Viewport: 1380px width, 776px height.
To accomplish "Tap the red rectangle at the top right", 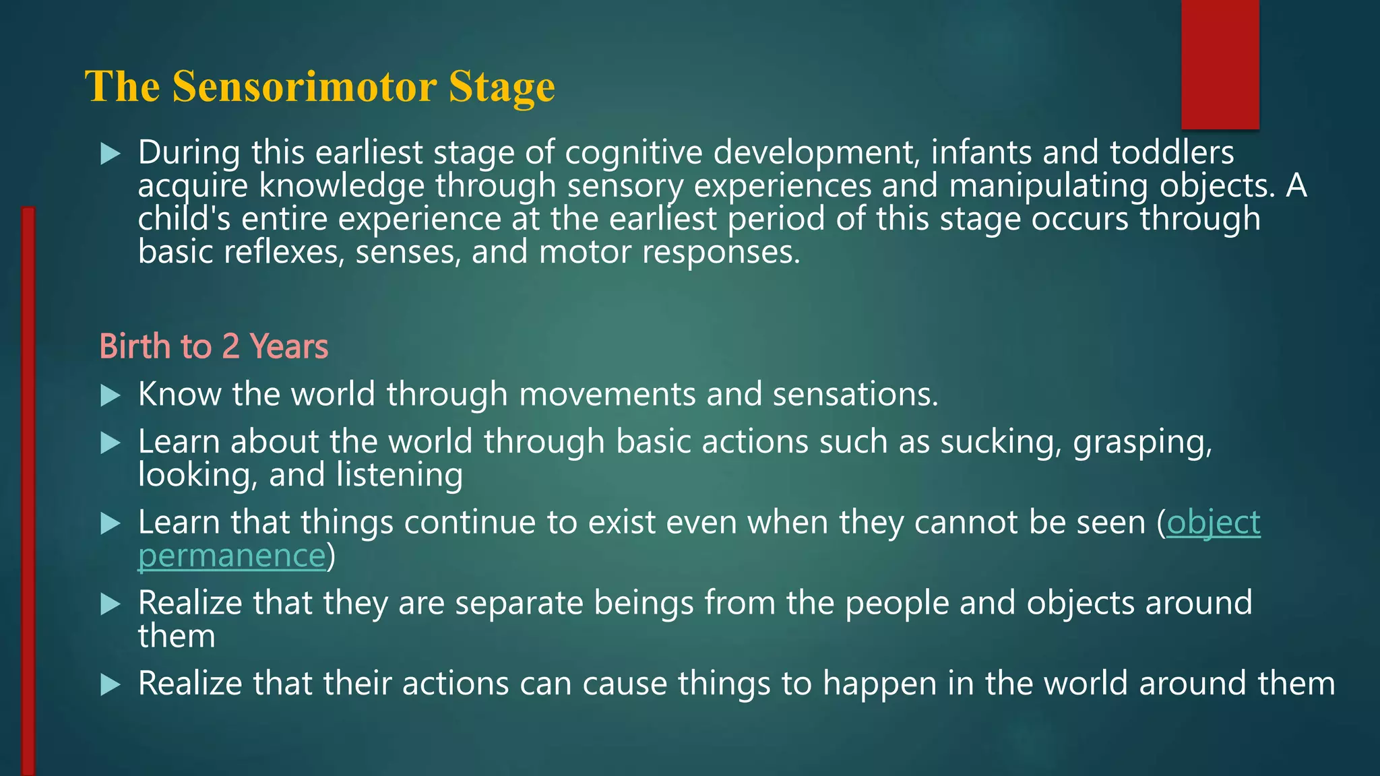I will (x=1220, y=64).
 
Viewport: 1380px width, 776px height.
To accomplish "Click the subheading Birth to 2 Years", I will (x=214, y=347).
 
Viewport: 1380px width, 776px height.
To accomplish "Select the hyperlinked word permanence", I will (x=232, y=556).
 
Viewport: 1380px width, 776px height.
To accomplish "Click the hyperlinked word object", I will (x=1213, y=523).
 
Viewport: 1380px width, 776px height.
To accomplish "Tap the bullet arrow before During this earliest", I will (x=110, y=154).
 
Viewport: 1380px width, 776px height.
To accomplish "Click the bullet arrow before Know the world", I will (x=110, y=395).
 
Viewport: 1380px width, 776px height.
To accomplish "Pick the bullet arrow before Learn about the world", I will (x=110, y=443).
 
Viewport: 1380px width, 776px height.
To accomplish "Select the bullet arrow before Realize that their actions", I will (x=110, y=685).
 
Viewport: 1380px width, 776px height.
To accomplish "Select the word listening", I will (x=399, y=476).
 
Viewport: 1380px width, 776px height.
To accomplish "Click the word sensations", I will (x=854, y=395).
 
